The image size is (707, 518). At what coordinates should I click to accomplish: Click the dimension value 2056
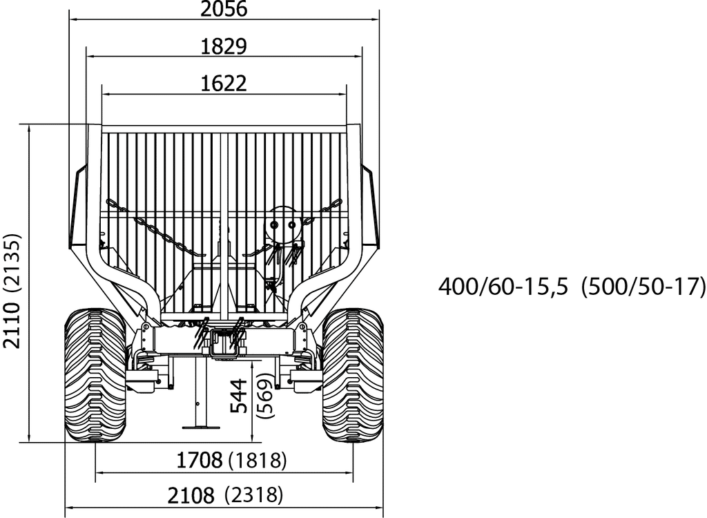[x=224, y=9]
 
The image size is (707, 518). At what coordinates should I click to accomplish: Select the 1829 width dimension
[x=224, y=46]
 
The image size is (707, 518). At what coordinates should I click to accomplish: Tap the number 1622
[x=224, y=84]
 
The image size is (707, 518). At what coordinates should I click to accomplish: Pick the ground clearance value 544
[x=239, y=396]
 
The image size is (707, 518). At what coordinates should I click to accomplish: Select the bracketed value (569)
[x=265, y=396]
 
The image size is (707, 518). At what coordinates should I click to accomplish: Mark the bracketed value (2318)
[x=254, y=495]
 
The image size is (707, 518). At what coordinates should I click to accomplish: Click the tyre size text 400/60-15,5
[x=503, y=286]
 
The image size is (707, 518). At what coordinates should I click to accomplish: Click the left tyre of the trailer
[x=95, y=375]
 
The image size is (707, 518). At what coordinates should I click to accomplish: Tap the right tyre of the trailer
[x=352, y=375]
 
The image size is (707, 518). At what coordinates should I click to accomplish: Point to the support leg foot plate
[x=201, y=427]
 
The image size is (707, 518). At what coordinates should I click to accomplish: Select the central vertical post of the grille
[x=224, y=221]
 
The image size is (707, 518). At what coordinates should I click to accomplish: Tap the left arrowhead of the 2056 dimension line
[x=72, y=19]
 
